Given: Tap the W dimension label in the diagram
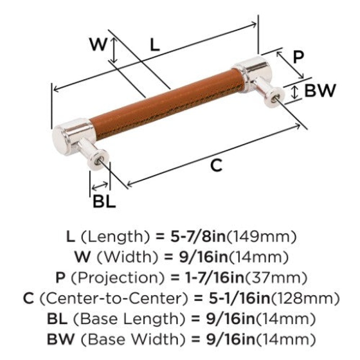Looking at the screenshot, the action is pyautogui.click(x=98, y=45).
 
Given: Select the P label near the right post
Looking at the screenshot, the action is pyautogui.click(x=298, y=57).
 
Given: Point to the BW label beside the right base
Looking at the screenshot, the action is pyautogui.click(x=320, y=91).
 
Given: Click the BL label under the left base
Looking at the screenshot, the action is pyautogui.click(x=104, y=202).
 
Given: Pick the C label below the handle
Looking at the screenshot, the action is pyautogui.click(x=216, y=166).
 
